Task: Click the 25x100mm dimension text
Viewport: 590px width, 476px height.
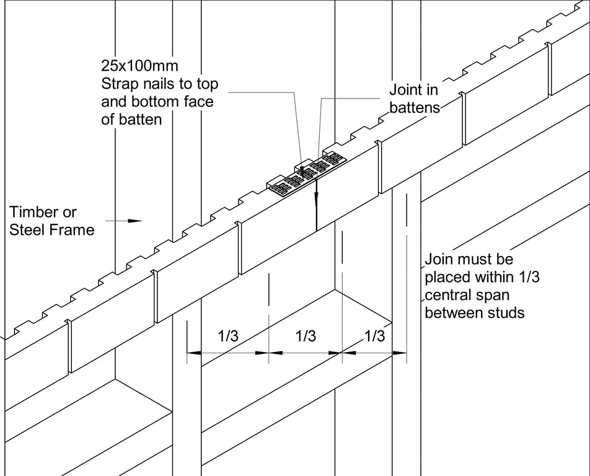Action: (139, 66)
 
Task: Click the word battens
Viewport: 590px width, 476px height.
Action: (415, 107)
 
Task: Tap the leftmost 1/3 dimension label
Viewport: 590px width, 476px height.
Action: (227, 337)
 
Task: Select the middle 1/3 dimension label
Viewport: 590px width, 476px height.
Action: (306, 337)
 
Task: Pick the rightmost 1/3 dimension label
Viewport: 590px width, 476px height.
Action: (374, 337)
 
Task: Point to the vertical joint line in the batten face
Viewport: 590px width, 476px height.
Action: (316, 205)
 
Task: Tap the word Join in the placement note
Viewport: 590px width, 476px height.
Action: (439, 259)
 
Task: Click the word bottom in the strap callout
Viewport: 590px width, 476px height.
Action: (157, 102)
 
